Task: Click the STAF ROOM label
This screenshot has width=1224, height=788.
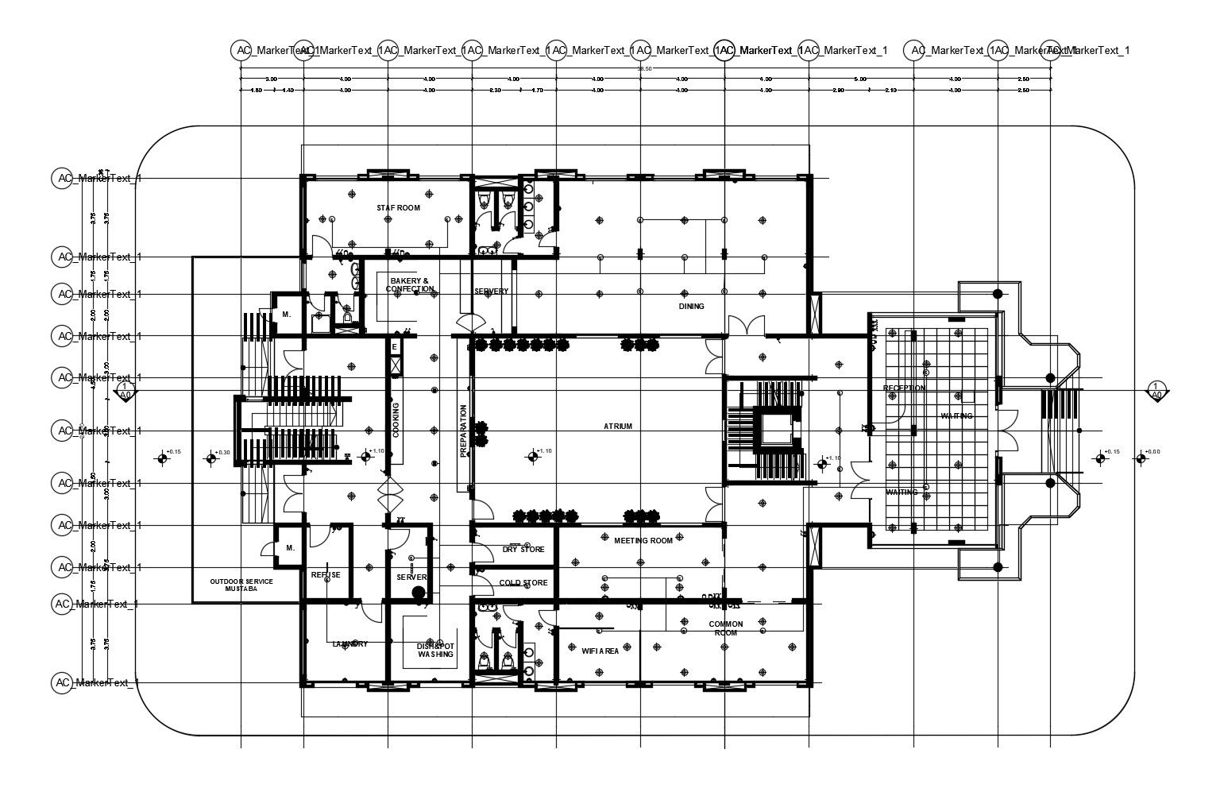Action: [398, 208]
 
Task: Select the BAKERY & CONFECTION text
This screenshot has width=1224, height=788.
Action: [410, 285]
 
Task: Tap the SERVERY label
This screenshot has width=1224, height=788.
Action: [491, 292]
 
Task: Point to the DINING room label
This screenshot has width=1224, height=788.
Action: [691, 306]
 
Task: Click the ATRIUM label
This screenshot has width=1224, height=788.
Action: [618, 427]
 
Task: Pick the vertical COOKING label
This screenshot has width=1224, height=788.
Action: [396, 420]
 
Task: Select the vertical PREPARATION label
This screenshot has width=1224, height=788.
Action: [464, 431]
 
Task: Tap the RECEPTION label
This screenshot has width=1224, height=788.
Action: [904, 388]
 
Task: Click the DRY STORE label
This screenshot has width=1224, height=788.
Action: [523, 550]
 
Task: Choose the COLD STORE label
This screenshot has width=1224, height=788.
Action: [523, 583]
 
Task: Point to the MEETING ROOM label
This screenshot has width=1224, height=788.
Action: [643, 541]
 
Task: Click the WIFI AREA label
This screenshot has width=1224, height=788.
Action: [600, 651]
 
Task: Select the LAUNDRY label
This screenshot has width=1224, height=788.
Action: [350, 644]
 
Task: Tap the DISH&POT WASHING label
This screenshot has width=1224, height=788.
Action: [435, 651]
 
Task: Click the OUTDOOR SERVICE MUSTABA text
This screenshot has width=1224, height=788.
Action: [241, 585]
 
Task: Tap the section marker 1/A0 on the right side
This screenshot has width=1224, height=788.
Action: [1156, 390]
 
